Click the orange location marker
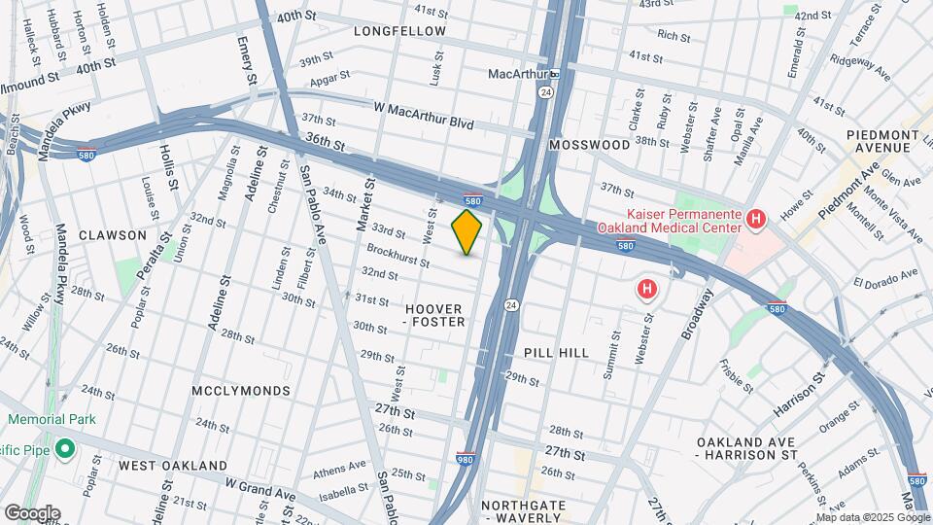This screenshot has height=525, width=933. pyautogui.click(x=467, y=232)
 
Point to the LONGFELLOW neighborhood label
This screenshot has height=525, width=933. pyautogui.click(x=399, y=31)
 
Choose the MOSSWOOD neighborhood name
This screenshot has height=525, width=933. pyautogui.click(x=589, y=144)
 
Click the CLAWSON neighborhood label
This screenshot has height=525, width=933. pyautogui.click(x=113, y=235)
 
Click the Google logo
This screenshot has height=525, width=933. pyautogui.click(x=31, y=512)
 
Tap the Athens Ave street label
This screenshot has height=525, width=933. pyautogui.click(x=335, y=475)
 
